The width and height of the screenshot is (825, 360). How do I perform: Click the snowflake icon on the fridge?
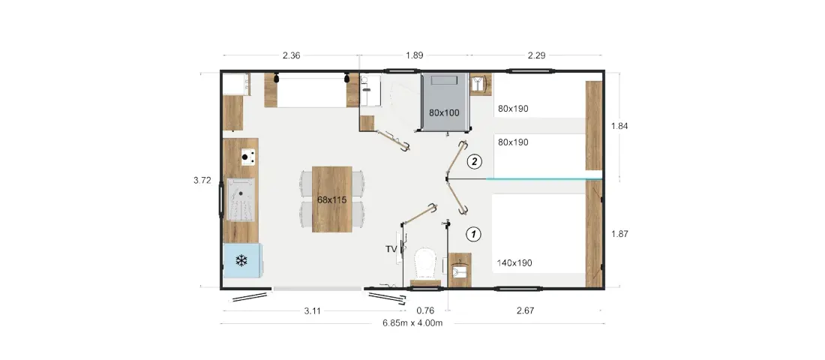[x=241, y=260]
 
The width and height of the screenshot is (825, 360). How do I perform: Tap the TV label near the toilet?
[x=391, y=250]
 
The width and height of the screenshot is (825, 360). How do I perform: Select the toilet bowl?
[x=425, y=264]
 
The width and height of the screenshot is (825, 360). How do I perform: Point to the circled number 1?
[x=474, y=234]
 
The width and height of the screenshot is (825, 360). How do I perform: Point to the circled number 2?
[x=475, y=161]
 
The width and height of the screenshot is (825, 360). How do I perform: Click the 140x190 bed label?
[x=514, y=262]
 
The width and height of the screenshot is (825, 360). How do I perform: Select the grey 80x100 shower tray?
[x=445, y=101]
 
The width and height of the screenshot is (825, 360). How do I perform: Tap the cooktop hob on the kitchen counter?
[x=248, y=157]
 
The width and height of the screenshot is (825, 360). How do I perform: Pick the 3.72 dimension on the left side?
[x=202, y=180]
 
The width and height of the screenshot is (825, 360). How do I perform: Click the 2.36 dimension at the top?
[x=291, y=55]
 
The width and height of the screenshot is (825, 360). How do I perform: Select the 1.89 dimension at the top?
[x=415, y=55]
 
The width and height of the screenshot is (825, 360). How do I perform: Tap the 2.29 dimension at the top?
[x=536, y=55]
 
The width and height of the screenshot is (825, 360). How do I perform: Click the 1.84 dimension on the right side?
[x=619, y=126]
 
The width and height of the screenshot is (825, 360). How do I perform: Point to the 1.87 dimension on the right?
[x=619, y=234]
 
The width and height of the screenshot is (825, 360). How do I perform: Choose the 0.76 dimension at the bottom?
[x=424, y=310]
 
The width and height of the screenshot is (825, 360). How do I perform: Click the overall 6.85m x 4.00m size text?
[x=412, y=323]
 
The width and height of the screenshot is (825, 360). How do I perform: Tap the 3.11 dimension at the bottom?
[x=313, y=310]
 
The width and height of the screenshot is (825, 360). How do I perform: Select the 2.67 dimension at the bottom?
[x=525, y=310]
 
